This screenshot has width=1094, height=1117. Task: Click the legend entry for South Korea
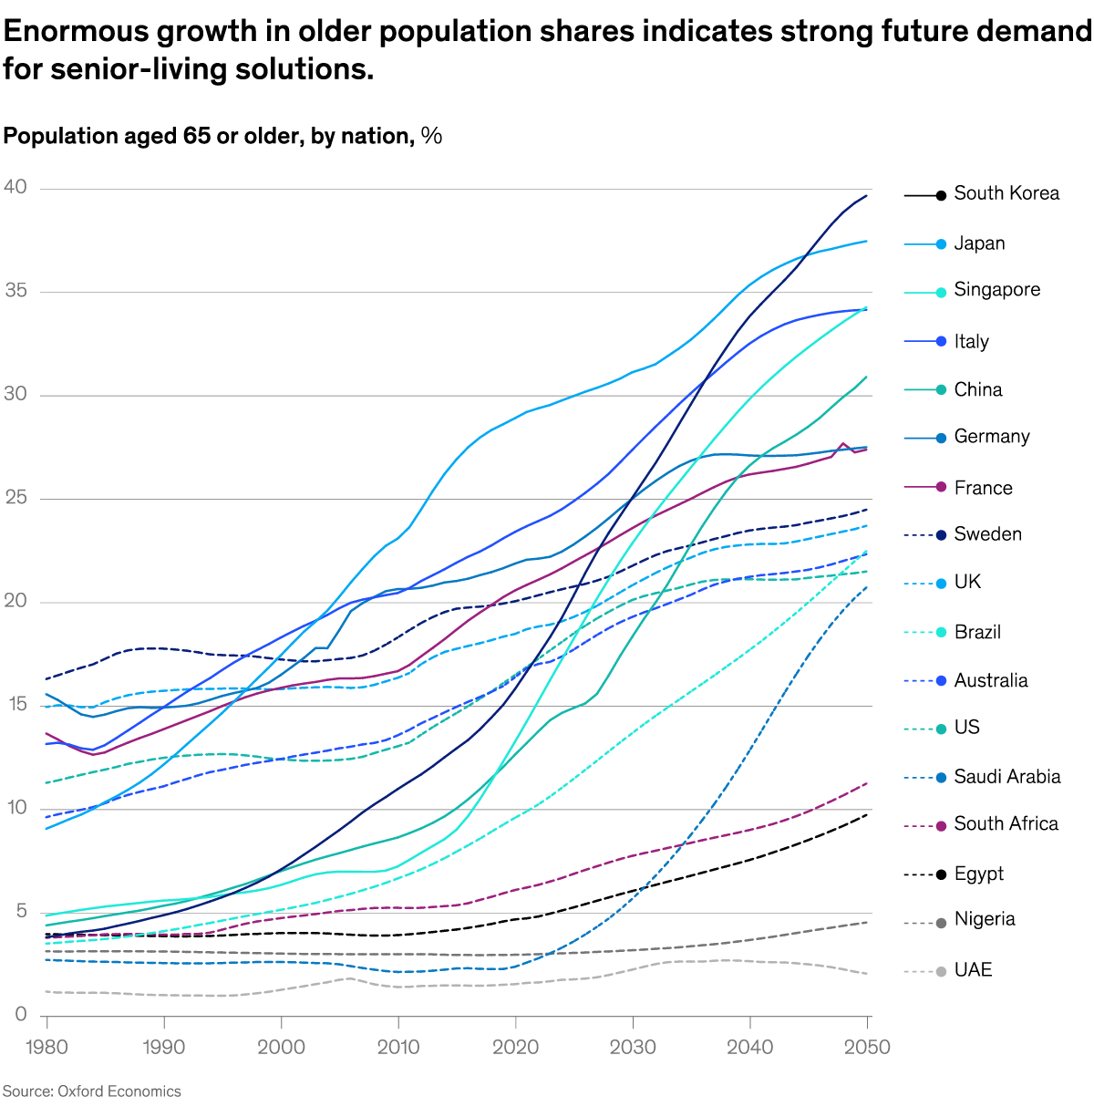(1006, 193)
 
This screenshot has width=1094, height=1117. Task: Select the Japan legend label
(979, 243)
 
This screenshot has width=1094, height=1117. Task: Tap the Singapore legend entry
(996, 290)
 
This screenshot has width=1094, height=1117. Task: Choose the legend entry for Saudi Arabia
(1006, 777)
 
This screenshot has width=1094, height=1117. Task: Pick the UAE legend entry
(973, 970)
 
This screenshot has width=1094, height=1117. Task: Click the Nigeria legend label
(984, 919)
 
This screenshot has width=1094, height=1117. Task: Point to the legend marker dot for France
(941, 488)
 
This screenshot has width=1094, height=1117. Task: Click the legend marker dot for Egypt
(941, 874)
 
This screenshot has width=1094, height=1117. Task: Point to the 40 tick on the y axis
(15, 188)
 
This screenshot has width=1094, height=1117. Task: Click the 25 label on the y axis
(15, 498)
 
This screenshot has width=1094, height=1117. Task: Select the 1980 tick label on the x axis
(46, 1047)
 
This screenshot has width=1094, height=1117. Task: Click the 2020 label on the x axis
(516, 1047)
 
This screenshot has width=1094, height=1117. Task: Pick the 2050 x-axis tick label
(867, 1047)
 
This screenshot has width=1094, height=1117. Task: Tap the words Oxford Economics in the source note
(119, 1091)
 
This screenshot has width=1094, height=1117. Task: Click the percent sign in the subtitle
(432, 137)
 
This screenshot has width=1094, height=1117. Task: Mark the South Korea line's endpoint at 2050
(867, 195)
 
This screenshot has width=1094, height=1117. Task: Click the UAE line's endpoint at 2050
(867, 974)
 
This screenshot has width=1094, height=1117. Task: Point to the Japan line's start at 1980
(46, 828)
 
